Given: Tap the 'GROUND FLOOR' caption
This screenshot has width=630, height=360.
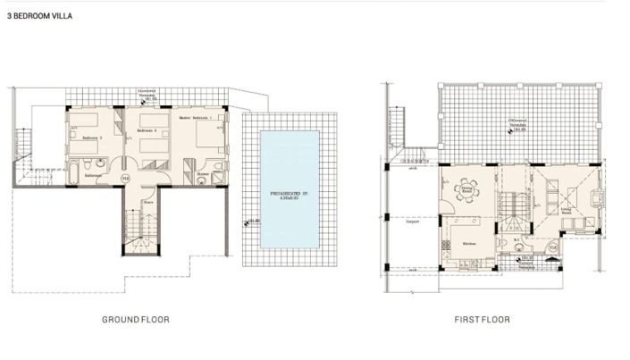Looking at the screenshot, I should pos(136,319).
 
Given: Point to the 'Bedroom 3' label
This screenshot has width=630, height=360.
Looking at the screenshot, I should pos(93,138).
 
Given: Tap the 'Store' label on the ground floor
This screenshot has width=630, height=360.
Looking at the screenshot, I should pos(136,202).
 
